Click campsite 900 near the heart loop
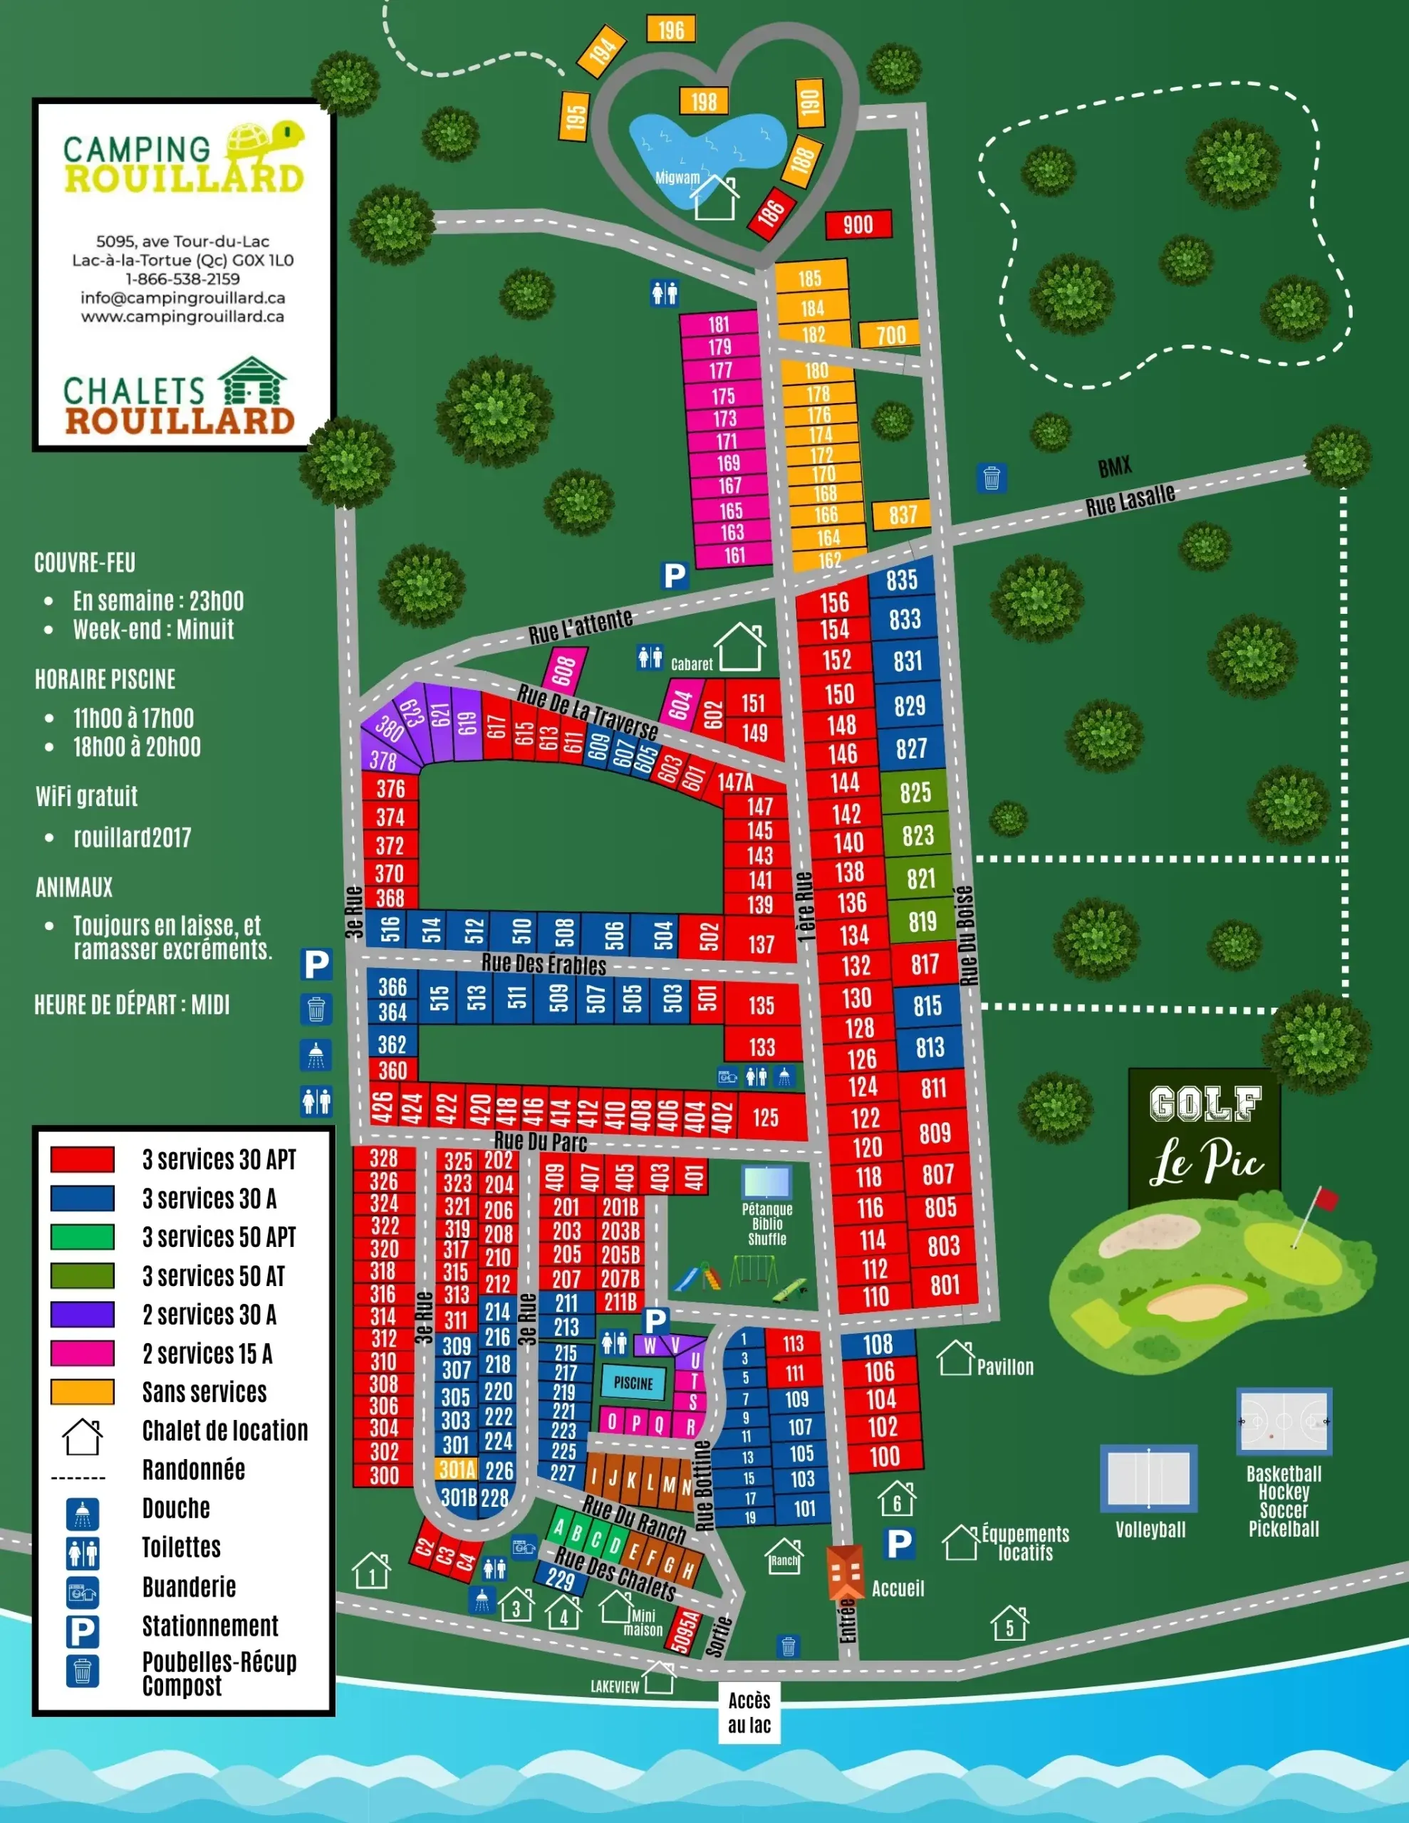coord(858,224)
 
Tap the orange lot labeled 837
coord(902,515)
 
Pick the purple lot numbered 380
coord(389,728)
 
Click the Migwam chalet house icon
coord(716,199)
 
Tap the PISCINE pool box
coord(634,1383)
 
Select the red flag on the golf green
coord(1326,1199)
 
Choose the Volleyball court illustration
coord(1148,1478)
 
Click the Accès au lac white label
coord(749,1712)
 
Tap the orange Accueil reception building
coord(846,1571)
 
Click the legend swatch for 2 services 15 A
coord(82,1353)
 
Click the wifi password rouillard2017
coord(132,837)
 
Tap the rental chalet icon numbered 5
coord(1009,1624)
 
